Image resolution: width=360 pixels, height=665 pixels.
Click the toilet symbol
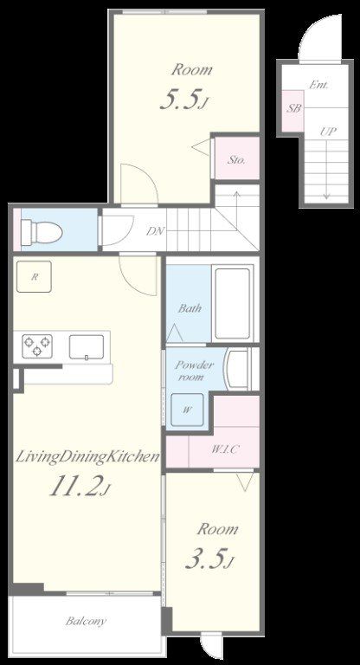(42, 232)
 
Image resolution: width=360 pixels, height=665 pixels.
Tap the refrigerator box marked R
(34, 277)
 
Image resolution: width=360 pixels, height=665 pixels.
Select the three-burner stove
(37, 345)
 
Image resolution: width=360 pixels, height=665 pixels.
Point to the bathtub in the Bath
(233, 303)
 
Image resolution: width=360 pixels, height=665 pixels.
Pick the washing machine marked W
(187, 410)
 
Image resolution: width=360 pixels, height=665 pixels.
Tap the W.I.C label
(224, 449)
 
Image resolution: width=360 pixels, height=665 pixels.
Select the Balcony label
(86, 622)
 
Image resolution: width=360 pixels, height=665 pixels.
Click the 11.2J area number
(80, 487)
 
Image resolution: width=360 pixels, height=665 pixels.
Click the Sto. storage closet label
(237, 160)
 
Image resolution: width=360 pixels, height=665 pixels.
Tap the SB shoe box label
(294, 108)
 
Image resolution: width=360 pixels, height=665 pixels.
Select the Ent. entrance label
(318, 85)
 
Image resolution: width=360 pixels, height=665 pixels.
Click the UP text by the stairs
(328, 131)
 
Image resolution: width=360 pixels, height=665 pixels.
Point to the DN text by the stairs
(155, 231)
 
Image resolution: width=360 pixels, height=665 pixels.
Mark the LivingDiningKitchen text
(87, 457)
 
